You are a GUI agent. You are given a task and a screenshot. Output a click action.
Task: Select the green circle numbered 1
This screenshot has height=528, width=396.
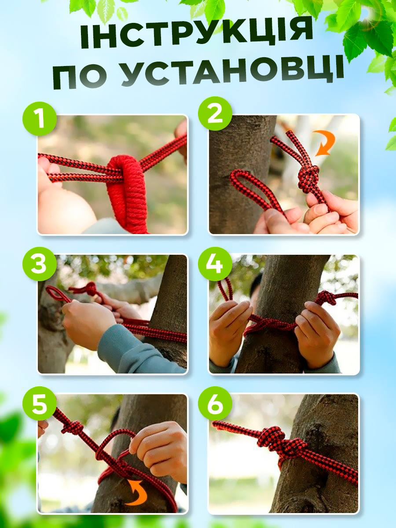40,119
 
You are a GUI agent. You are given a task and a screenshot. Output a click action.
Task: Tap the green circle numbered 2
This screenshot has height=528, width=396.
215,114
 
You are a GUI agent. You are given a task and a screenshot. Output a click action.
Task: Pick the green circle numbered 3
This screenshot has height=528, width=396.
40,264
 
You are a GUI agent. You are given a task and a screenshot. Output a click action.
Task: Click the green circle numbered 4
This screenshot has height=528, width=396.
215,264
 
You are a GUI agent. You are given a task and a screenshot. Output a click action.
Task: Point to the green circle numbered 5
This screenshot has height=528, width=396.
40,404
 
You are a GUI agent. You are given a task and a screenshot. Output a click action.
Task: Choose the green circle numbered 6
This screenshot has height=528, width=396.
215,404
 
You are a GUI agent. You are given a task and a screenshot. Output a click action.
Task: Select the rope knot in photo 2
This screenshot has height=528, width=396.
308,179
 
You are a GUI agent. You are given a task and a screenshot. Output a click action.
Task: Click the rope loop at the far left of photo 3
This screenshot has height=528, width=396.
58,295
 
